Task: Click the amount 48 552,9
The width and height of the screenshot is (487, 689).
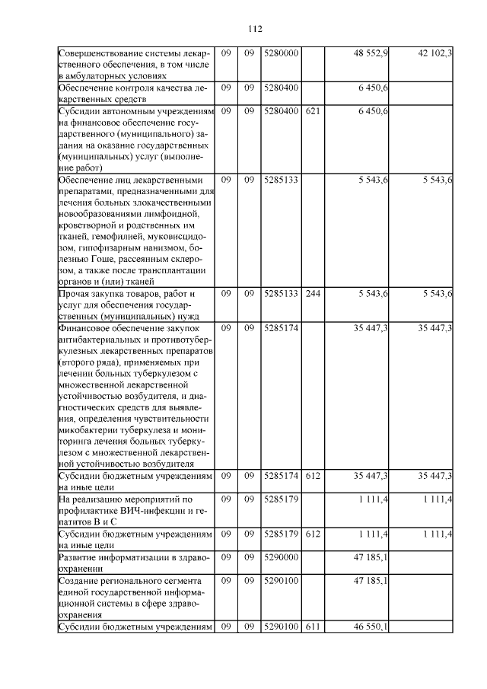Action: [x=371, y=53]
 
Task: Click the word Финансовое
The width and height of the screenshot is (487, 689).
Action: [x=85, y=328]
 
